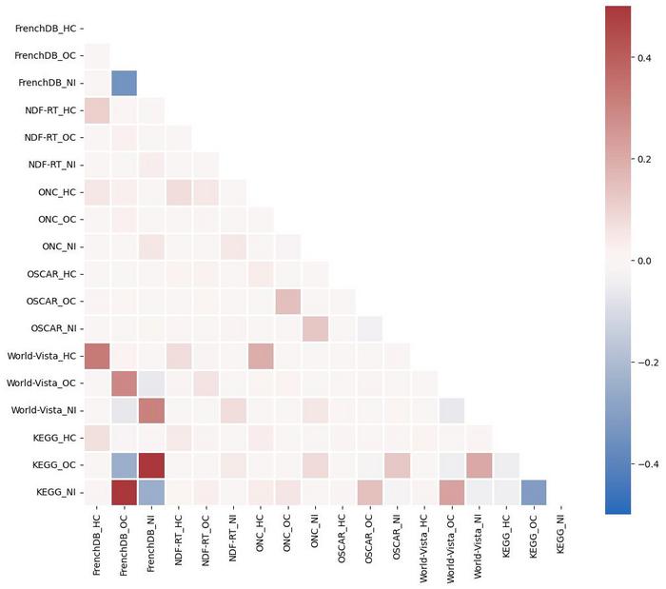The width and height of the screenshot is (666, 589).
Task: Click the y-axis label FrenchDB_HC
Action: pos(46,29)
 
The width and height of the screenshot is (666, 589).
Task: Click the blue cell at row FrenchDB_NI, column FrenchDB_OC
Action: pos(124,83)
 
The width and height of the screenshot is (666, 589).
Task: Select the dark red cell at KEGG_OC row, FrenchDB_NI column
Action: pos(151,466)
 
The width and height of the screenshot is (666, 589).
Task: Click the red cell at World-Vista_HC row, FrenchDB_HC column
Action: pos(97,357)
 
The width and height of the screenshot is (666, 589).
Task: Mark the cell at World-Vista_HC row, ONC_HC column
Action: pos(261,357)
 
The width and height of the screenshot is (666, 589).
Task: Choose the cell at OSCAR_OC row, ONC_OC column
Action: pos(288,302)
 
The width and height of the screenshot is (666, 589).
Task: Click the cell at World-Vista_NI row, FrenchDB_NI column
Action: pos(151,411)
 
